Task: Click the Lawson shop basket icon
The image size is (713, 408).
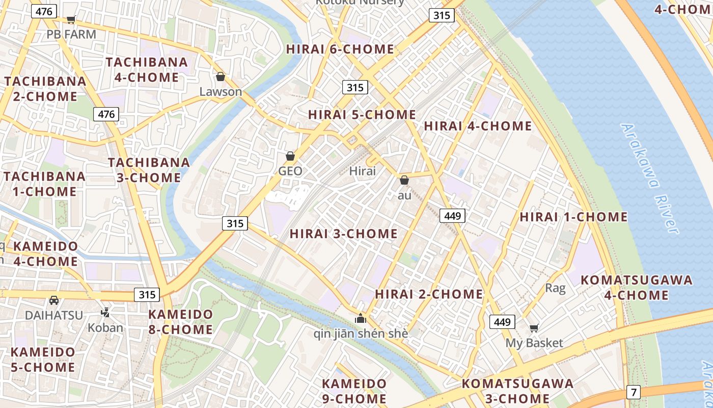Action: [221, 77]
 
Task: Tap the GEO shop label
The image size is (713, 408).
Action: [290, 171]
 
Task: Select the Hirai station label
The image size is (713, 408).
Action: [363, 171]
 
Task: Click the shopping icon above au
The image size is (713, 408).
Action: [404, 180]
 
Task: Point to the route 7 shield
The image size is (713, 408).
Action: [634, 392]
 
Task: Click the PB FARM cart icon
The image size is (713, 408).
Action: [71, 20]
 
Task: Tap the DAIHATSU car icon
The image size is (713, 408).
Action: [54, 300]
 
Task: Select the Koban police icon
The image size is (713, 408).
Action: [105, 312]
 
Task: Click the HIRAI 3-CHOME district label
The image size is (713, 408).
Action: [344, 234]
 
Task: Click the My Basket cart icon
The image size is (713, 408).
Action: [534, 328]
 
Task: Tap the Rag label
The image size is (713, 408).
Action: [555, 288]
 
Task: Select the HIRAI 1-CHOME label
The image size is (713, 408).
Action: [573, 217]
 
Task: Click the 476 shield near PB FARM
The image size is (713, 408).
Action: [44, 11]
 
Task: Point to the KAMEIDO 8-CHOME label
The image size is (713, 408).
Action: [181, 322]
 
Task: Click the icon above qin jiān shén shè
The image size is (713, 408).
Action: [361, 319]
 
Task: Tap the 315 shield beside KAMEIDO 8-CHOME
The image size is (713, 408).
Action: [147, 294]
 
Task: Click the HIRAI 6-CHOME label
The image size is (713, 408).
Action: [340, 49]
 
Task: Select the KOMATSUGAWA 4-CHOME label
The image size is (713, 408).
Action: [637, 287]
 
